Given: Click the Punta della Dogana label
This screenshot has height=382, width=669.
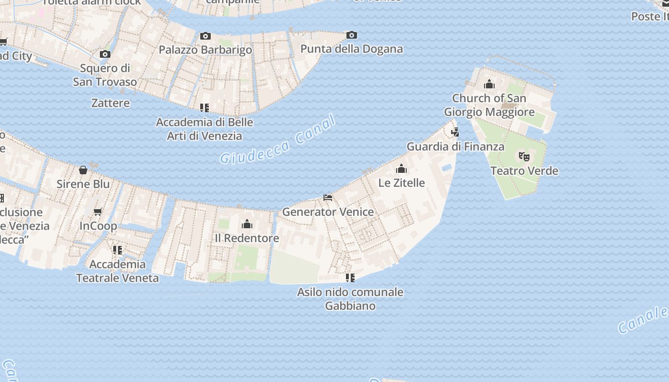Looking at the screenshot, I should (351, 49).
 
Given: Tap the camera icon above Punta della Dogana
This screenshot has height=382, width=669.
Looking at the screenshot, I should (351, 35).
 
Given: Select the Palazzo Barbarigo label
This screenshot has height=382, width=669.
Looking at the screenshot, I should (205, 50).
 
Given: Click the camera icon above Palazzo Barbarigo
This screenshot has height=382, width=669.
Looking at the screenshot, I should (205, 36).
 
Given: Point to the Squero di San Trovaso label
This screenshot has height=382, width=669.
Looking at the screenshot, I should (105, 75).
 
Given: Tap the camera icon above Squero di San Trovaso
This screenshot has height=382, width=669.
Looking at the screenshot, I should (105, 54).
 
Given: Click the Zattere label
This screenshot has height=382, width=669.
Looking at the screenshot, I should (110, 103).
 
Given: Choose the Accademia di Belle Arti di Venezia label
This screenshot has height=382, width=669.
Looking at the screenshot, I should (205, 129).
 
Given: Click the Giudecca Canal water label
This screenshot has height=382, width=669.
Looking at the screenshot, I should (278, 140).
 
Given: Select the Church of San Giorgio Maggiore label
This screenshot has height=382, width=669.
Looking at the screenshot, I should (489, 105).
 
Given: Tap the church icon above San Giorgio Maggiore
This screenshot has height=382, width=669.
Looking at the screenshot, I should (489, 85).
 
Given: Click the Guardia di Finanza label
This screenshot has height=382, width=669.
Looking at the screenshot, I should (455, 146).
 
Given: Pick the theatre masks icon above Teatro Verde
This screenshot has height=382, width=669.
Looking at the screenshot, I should (524, 156).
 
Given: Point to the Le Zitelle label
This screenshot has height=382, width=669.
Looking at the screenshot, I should (401, 182).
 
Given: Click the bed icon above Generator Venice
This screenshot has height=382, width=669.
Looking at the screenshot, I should (328, 197).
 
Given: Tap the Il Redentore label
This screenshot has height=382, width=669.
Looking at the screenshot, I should (247, 238).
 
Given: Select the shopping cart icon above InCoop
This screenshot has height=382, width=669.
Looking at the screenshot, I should (98, 212).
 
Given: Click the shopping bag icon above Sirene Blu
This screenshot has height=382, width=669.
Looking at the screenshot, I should (83, 170).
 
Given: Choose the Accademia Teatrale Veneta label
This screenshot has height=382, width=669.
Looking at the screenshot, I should (118, 271).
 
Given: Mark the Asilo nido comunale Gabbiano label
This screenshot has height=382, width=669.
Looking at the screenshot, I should (350, 299).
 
